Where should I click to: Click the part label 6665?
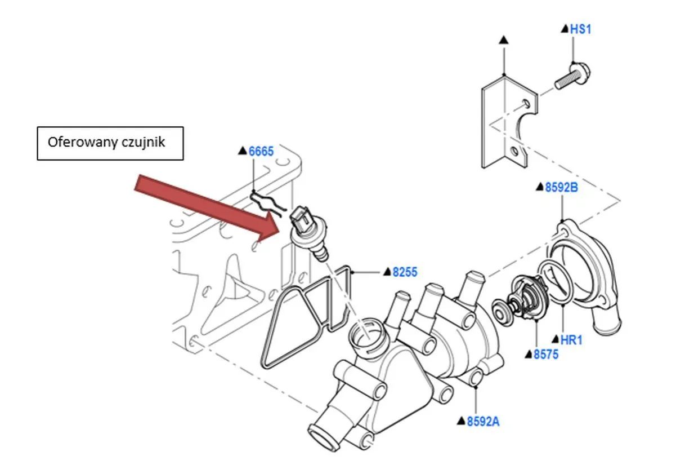click(x=261, y=151)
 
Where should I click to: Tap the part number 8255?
click(x=405, y=272)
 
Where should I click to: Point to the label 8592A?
click(x=483, y=421)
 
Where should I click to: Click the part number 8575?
click(x=545, y=354)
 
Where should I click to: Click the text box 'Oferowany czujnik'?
click(x=110, y=143)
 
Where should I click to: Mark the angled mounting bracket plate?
click(x=507, y=124)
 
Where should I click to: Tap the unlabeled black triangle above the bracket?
click(x=504, y=40)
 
